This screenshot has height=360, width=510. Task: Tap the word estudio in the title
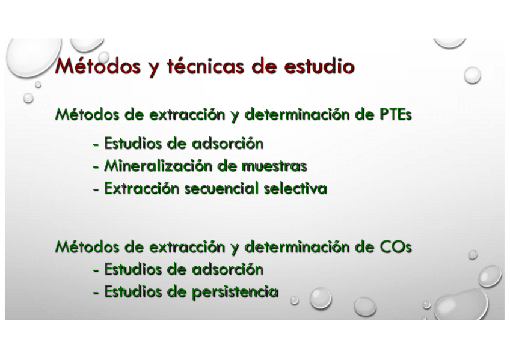[x=319, y=66]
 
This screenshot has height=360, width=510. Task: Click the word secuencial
[x=221, y=189]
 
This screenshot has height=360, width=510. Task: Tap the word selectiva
[x=295, y=189]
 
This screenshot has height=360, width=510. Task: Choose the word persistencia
[x=235, y=292]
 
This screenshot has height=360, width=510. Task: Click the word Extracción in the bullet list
[x=141, y=189]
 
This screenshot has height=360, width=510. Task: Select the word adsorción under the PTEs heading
[x=227, y=144]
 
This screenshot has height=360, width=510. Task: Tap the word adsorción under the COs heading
[x=227, y=269]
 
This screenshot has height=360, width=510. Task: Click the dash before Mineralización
[x=96, y=167]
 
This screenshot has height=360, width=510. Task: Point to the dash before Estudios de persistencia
[x=96, y=293]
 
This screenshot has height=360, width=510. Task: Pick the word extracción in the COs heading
[x=187, y=247]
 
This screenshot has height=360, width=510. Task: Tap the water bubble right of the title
[x=472, y=75]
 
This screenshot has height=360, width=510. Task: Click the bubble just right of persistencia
[x=294, y=301]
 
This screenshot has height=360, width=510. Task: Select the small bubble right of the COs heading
[x=473, y=255]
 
